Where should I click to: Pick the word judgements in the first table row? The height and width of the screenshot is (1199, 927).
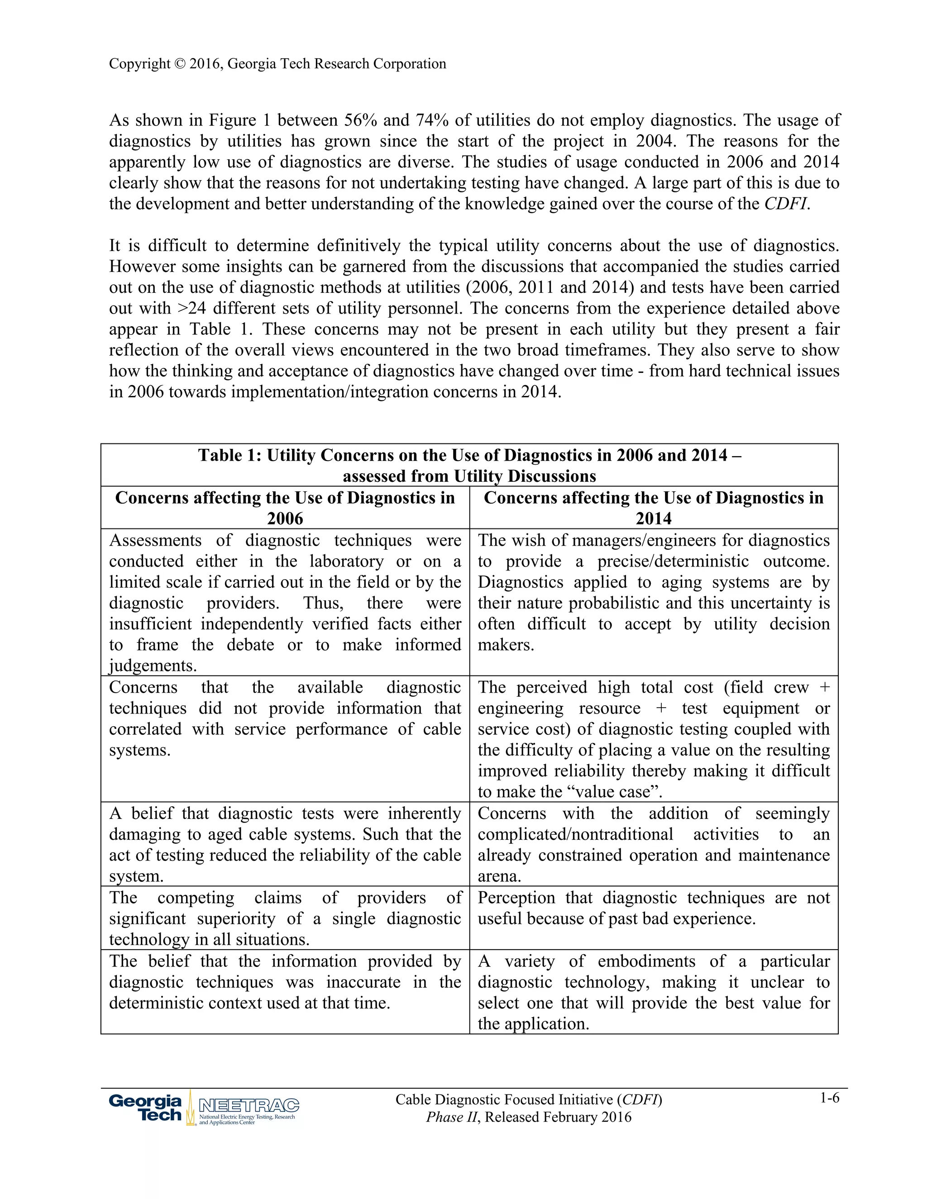tap(152, 666)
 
